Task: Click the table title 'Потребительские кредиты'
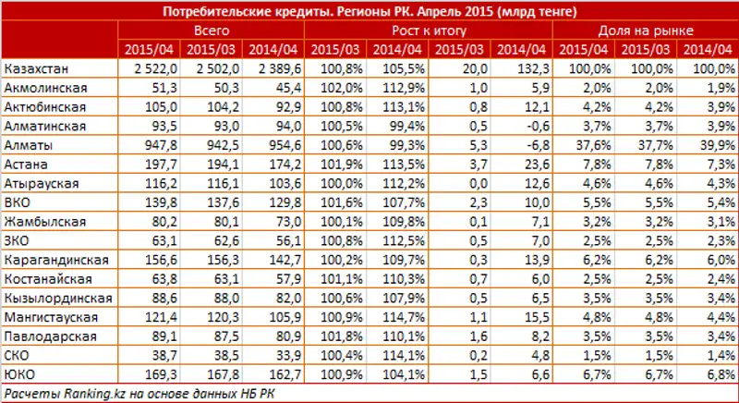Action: (369, 12)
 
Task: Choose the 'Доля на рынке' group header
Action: (647, 31)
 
